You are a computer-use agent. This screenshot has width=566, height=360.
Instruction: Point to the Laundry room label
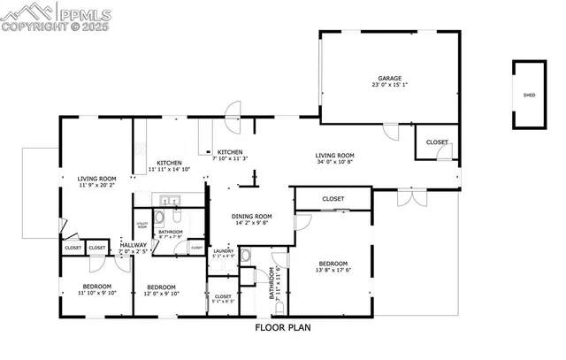(x=223, y=251)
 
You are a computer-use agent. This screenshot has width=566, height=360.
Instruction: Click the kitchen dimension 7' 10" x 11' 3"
(x=230, y=158)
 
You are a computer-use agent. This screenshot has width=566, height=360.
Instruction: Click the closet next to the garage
(x=437, y=142)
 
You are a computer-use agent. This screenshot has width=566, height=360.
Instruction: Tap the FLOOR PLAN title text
(x=283, y=326)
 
